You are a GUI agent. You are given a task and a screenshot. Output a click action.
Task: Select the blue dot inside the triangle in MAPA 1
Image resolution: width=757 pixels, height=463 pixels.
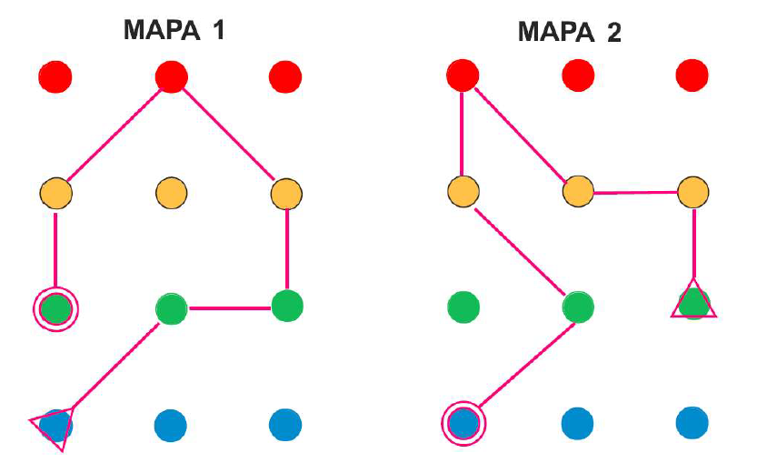click(55, 425)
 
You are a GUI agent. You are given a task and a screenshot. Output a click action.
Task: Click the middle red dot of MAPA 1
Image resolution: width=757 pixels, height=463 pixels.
click(171, 76)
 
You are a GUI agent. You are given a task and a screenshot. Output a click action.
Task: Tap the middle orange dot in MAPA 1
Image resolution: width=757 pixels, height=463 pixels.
click(171, 193)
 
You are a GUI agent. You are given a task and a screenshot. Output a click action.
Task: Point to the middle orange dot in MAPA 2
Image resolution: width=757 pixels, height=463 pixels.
click(578, 192)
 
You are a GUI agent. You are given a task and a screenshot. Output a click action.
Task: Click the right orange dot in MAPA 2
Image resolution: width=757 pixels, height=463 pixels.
click(693, 192)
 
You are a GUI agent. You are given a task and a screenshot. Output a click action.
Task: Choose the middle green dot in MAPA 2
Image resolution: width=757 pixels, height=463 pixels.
click(578, 307)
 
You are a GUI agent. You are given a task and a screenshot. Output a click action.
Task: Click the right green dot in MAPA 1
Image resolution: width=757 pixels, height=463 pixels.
click(286, 305)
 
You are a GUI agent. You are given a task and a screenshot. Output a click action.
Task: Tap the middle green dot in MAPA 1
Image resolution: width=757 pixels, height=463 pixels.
click(171, 308)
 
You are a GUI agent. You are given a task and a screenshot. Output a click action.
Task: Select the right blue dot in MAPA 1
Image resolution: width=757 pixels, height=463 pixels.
click(286, 424)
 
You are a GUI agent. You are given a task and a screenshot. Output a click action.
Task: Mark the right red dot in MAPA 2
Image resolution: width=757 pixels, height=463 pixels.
click(693, 75)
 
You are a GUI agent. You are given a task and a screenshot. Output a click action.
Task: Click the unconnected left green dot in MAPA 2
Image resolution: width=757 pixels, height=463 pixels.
click(463, 307)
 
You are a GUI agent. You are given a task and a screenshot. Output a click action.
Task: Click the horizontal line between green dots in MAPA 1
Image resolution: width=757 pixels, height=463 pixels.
click(229, 307)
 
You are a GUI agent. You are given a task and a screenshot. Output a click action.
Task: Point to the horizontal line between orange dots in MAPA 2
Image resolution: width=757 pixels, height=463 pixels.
click(636, 192)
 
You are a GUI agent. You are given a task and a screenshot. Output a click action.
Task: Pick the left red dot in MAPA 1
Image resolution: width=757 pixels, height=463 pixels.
click(55, 76)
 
